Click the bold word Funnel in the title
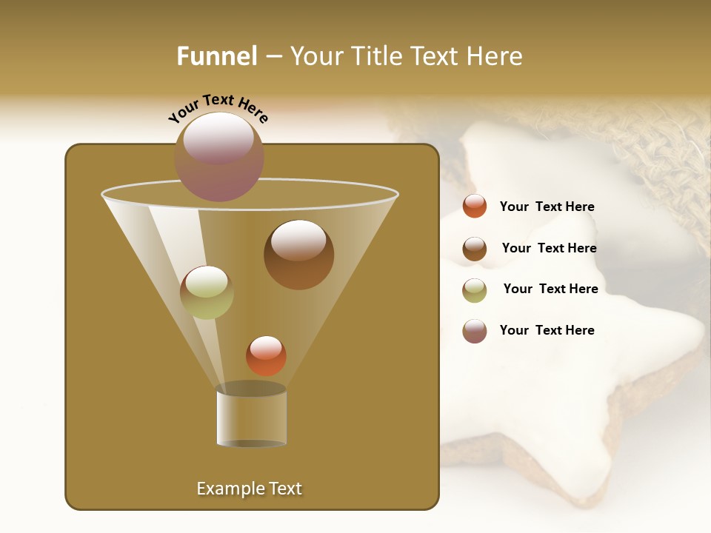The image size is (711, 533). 217,56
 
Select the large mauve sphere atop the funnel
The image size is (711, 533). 219,156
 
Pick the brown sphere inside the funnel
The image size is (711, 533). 298,255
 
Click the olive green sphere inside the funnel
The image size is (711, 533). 207,292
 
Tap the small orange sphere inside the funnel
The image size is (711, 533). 266,355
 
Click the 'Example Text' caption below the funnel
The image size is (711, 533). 249,489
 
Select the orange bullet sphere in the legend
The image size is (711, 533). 475,207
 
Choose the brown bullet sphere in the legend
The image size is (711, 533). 475,249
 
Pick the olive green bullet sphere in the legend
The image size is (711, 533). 475,289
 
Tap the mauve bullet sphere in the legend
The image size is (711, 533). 475,331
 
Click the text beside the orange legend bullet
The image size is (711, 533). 547,207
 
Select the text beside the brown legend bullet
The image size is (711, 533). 549,248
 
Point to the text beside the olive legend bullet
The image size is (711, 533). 550,289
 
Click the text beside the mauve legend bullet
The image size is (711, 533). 547,330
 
